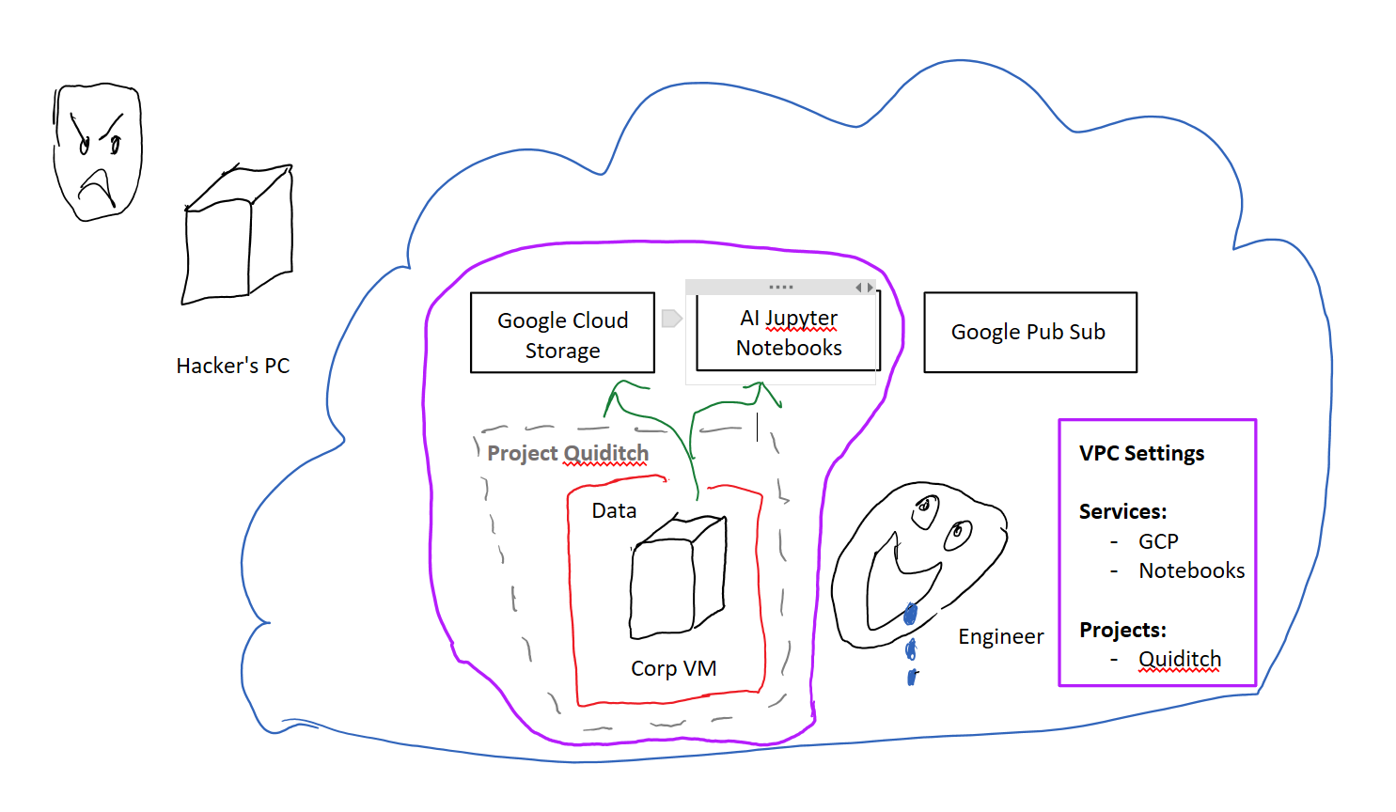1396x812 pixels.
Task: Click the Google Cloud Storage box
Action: tap(562, 334)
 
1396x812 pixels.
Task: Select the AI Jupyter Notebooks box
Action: tap(788, 333)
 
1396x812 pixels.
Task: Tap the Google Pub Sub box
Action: tap(1029, 332)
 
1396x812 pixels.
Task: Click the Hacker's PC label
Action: tap(232, 366)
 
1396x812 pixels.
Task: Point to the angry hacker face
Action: tap(97, 151)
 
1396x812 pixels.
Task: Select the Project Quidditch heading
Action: tap(568, 453)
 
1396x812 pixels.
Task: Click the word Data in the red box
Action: tap(614, 510)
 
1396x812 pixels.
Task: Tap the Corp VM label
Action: tap(673, 668)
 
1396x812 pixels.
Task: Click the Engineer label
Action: tap(1000, 636)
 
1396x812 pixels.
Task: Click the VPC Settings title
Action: tap(1141, 453)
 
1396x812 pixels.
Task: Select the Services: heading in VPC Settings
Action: tap(1122, 511)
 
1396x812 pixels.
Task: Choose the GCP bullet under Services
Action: tap(1158, 541)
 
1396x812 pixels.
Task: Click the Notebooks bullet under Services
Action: tap(1191, 570)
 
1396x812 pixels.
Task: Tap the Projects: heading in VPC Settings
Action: tap(1122, 630)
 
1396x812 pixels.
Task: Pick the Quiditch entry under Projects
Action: tap(1180, 659)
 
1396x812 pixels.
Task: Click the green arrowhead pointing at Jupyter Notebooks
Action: tap(762, 392)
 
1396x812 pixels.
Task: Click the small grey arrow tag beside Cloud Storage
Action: tap(671, 319)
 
